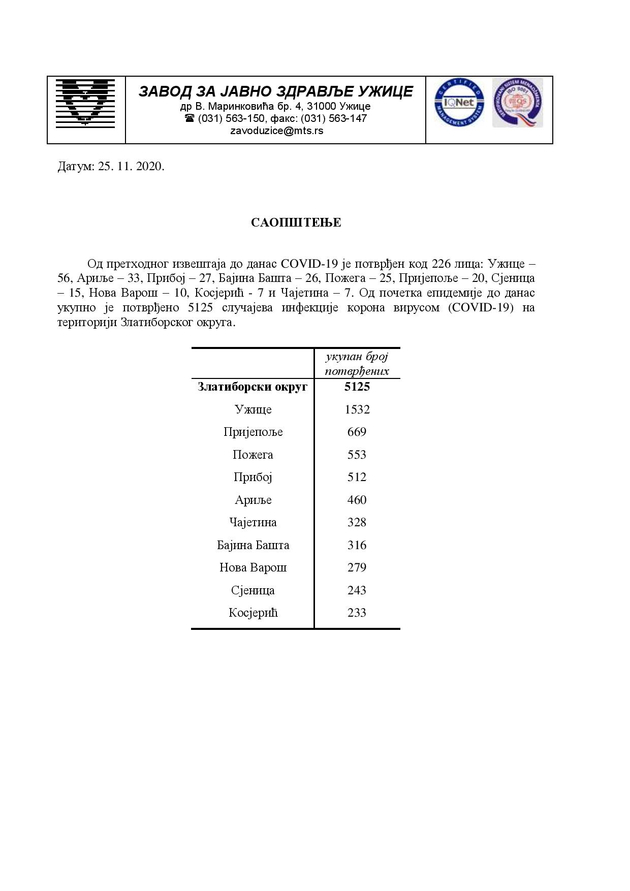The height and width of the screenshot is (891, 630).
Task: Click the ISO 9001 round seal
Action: click(517, 102)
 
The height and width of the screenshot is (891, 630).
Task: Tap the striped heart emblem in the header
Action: click(85, 102)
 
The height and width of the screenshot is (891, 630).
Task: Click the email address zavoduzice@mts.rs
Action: click(276, 131)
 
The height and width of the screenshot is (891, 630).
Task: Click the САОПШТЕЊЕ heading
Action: click(296, 222)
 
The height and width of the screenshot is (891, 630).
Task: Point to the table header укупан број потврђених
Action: click(357, 363)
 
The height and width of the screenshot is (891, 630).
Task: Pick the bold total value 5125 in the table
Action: click(357, 387)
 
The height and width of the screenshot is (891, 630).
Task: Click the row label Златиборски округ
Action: click(253, 387)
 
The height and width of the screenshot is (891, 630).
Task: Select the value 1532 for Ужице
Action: click(357, 409)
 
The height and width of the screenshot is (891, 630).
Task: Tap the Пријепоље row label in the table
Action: click(253, 432)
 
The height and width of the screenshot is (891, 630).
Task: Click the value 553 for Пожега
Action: click(357, 455)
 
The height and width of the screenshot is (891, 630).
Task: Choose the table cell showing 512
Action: click(357, 477)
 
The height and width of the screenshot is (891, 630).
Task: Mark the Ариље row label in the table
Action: click(253, 500)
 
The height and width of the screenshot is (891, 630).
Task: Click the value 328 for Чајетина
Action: click(357, 522)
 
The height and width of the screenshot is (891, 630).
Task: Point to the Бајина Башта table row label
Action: click(253, 545)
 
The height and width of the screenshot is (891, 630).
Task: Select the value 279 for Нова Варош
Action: click(357, 567)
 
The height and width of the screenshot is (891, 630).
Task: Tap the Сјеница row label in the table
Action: click(253, 590)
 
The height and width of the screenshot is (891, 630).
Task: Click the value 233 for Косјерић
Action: click(357, 613)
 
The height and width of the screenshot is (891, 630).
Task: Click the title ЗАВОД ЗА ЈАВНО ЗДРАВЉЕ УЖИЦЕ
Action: click(276, 91)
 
